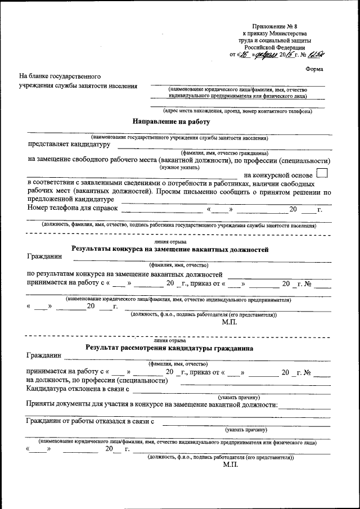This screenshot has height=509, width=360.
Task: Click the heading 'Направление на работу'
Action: pyautogui.click(x=171, y=121)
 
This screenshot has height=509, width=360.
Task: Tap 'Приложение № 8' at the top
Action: pyautogui.click(x=272, y=26)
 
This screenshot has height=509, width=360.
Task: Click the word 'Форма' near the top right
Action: pyautogui.click(x=316, y=69)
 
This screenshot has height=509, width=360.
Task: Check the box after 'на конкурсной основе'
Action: pyautogui.click(x=322, y=174)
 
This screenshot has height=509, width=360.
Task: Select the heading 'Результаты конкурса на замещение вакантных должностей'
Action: pyautogui.click(x=170, y=249)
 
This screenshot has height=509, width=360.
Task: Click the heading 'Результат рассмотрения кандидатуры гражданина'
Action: pyautogui.click(x=169, y=348)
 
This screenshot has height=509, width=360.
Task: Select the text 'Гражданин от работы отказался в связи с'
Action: pyautogui.click(x=91, y=421)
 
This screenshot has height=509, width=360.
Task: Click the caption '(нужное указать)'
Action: pyautogui.click(x=179, y=167)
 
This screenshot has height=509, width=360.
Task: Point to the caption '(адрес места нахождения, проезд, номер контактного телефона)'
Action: pyautogui.click(x=237, y=111)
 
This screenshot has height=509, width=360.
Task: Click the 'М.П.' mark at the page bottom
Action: pyautogui.click(x=230, y=465)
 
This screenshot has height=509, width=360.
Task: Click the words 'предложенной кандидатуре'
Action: pyautogui.click(x=67, y=200)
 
